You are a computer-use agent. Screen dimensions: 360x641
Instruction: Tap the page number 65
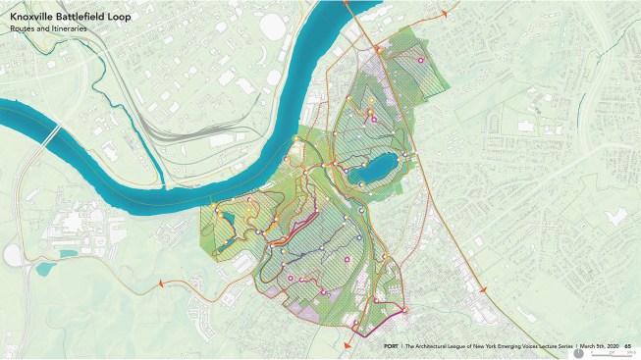click(626, 346)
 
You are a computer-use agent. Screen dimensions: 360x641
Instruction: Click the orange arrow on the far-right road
click(482, 290)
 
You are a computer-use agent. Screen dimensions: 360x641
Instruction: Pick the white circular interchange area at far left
click(13, 255)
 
